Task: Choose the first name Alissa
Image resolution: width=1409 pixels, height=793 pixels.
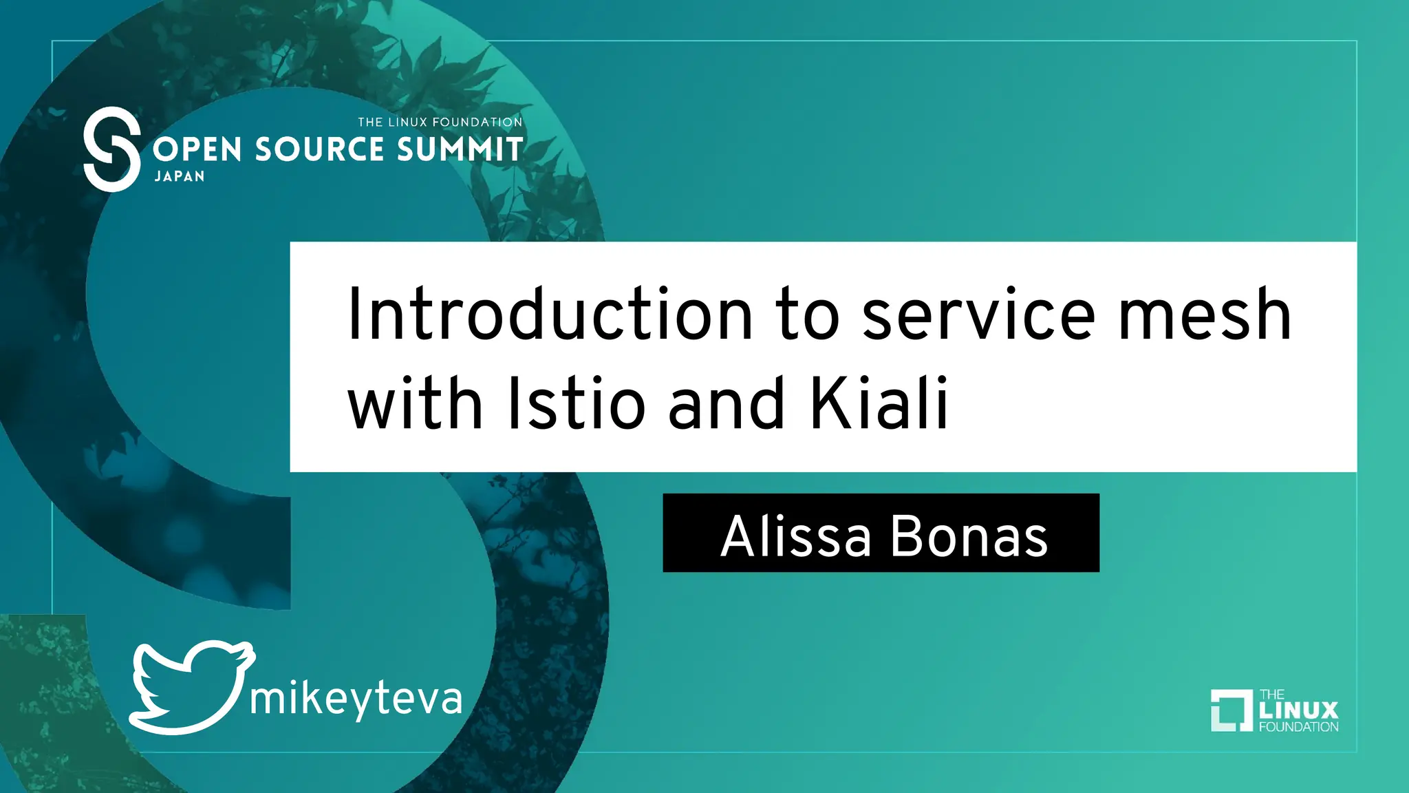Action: pyautogui.click(x=796, y=536)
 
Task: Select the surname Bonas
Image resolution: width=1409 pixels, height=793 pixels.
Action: pyautogui.click(x=969, y=536)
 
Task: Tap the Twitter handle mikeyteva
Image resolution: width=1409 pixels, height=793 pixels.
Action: pyautogui.click(x=356, y=699)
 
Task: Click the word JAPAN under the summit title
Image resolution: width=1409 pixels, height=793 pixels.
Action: pyautogui.click(x=180, y=176)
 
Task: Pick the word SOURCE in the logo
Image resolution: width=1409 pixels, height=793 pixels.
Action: pyautogui.click(x=320, y=149)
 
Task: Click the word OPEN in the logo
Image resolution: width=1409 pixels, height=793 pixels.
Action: pyautogui.click(x=197, y=149)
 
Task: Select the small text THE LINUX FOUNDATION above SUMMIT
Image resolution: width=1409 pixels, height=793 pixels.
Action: pyautogui.click(x=440, y=123)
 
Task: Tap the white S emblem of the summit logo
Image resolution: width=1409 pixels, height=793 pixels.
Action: pyautogui.click(x=111, y=149)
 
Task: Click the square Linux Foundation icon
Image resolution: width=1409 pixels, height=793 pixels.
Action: pyautogui.click(x=1231, y=710)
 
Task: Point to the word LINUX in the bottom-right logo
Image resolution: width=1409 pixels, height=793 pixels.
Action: pyautogui.click(x=1299, y=710)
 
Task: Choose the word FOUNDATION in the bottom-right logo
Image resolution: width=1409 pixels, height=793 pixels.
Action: pyautogui.click(x=1299, y=726)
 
